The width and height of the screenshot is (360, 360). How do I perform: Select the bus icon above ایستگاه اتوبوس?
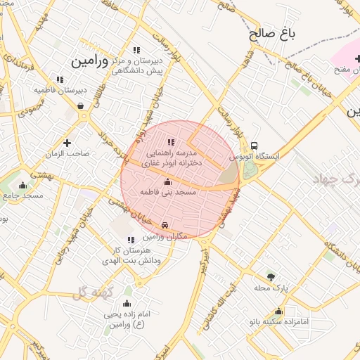coord(254,147)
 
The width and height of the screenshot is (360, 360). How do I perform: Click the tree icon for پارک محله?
coord(271,276)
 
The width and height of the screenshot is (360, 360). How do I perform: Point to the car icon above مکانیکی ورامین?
coord(165,225)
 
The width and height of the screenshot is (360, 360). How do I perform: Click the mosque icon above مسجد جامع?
coord(23,185)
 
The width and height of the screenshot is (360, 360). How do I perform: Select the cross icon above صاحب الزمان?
coord(67,143)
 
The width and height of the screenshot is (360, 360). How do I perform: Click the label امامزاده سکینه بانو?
coord(280,321)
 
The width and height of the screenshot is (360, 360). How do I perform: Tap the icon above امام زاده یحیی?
coord(127,303)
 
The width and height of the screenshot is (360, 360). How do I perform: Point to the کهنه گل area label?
coord(91,290)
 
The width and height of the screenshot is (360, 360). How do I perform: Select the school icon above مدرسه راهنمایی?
coord(172,142)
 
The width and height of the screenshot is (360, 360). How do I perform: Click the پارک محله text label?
coord(271,287)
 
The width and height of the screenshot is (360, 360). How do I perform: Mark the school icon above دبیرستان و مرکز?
coord(136,51)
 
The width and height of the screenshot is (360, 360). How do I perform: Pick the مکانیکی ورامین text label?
coord(165,236)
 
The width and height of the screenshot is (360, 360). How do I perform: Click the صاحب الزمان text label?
coord(67,153)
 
